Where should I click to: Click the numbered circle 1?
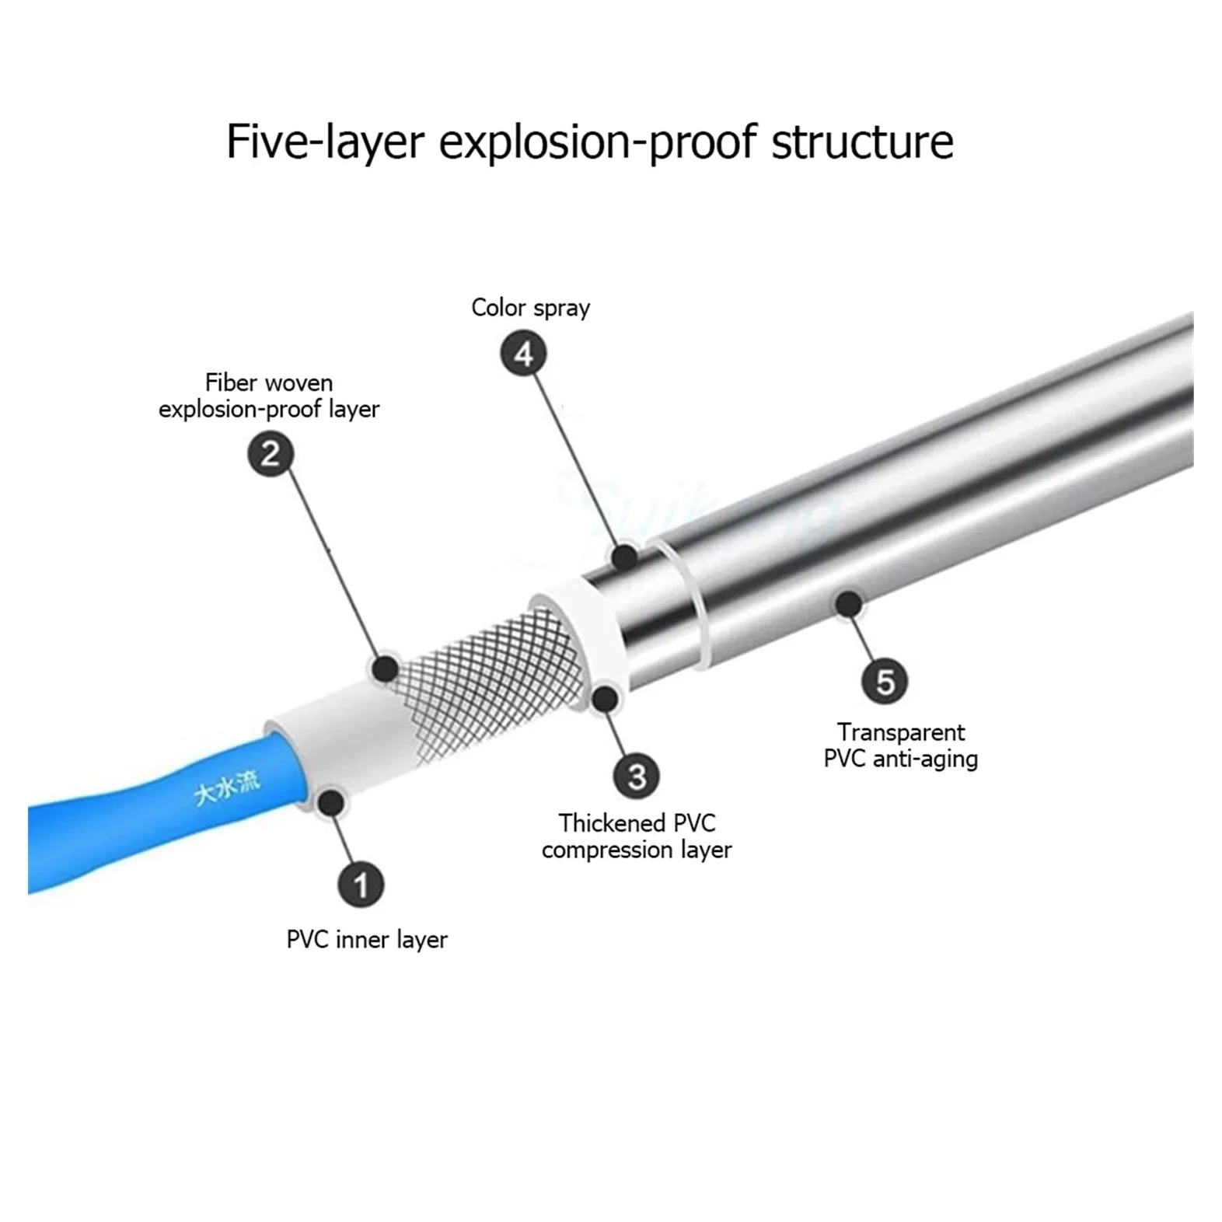click(360, 885)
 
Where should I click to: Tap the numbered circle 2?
click(271, 454)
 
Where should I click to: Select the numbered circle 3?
click(637, 775)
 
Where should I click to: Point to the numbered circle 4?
click(523, 354)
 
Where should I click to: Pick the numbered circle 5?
click(885, 682)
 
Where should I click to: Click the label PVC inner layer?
click(367, 940)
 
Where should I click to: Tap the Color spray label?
click(531, 308)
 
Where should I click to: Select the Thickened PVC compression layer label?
click(637, 836)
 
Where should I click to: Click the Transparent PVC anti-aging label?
click(901, 745)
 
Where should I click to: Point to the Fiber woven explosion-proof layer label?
click(269, 396)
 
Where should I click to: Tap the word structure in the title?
click(862, 141)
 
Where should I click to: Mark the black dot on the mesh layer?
click(386, 668)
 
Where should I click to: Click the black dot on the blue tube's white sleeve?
click(331, 801)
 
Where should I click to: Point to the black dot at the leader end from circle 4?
click(623, 557)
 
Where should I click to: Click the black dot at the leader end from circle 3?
click(606, 698)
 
